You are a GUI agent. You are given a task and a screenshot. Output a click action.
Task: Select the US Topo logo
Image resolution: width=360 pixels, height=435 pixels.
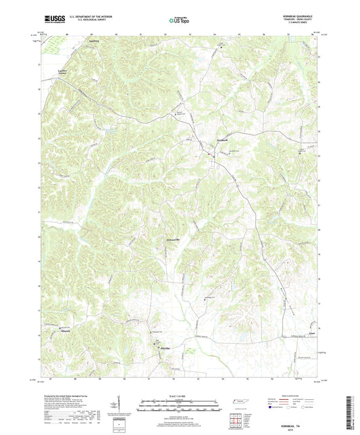(179, 20)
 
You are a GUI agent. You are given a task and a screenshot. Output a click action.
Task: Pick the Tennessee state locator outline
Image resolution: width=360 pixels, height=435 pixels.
(238, 402)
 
